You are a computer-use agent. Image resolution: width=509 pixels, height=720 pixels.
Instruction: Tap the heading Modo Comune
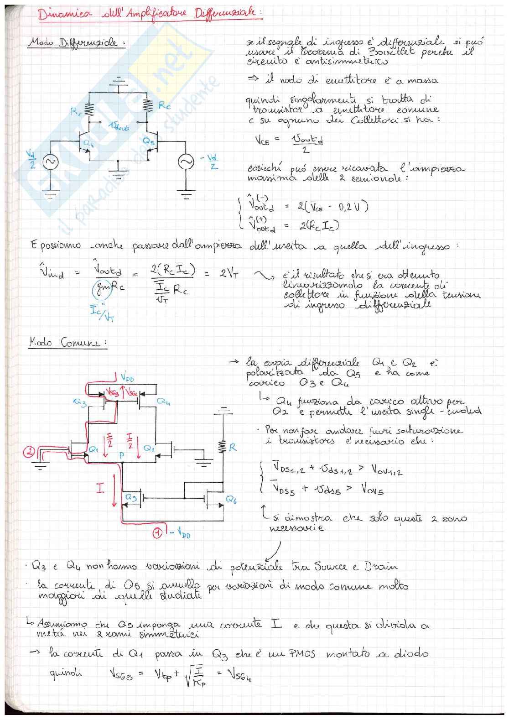(x=68, y=342)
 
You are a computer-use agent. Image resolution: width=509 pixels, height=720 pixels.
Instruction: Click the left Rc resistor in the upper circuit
(x=89, y=110)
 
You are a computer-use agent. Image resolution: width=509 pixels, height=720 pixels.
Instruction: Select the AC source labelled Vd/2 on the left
(x=49, y=162)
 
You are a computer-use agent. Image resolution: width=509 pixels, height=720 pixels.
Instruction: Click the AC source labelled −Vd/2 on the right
(x=186, y=162)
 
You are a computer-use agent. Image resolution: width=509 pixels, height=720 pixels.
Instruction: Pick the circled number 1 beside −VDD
(x=157, y=532)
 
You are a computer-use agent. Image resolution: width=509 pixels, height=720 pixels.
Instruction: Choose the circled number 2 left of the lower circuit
(x=29, y=452)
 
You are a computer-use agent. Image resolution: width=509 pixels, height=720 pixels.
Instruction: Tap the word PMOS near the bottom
(x=302, y=654)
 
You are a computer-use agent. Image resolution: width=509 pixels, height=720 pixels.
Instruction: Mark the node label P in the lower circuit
(x=121, y=455)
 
